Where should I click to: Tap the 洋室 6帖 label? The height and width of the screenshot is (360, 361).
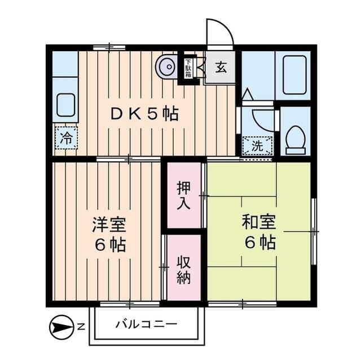click(109, 234)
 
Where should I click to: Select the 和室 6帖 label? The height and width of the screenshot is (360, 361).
click(259, 232)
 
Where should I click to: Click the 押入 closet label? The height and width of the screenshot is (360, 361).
click(183, 195)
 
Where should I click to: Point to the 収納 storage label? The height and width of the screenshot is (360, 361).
click(183, 270)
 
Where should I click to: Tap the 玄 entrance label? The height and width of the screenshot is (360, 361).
click(221, 69)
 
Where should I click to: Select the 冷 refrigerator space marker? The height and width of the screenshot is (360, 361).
click(67, 138)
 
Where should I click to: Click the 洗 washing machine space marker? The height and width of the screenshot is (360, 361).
click(257, 145)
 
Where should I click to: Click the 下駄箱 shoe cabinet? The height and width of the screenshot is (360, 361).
click(188, 68)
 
